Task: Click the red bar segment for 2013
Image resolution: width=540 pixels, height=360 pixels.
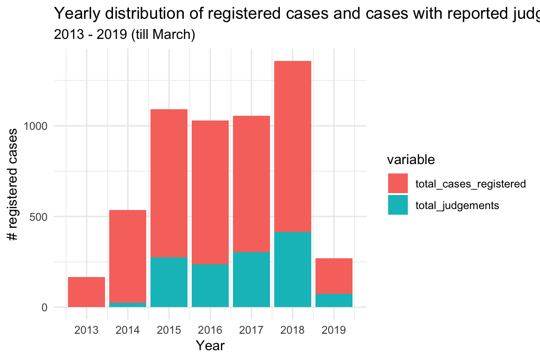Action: pos(86,292)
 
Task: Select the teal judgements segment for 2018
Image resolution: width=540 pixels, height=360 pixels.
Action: pos(292,270)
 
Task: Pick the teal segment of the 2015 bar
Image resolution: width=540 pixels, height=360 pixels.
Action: pos(169,282)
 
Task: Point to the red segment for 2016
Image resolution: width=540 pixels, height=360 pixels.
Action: pos(210,192)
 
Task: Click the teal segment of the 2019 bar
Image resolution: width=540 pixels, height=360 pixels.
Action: pos(334,300)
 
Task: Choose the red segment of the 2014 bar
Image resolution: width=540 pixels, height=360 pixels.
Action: pos(127,256)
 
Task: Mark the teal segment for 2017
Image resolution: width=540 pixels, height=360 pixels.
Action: pos(251,279)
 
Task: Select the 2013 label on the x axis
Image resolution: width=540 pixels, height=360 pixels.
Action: pos(86,330)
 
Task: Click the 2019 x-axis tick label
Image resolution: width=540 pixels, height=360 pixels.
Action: pos(334,330)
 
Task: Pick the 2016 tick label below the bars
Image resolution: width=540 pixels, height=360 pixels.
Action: pos(210,330)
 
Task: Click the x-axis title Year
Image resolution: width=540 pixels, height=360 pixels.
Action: pos(210,346)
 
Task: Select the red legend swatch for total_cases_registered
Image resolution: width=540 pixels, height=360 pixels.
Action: pos(398,183)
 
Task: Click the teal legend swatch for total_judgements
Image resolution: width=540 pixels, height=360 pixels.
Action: pos(398,205)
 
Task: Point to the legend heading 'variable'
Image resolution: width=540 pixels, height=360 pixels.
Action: pos(411,160)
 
